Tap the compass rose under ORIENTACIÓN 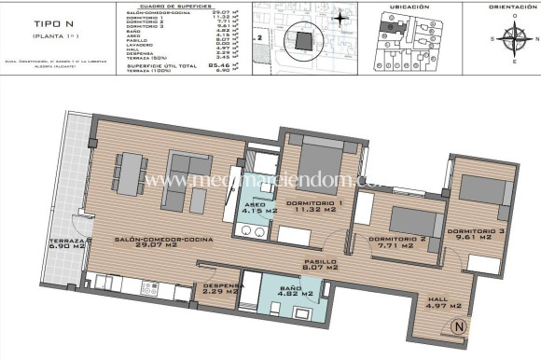pyautogui.click(x=512, y=39)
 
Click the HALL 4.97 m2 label pyautogui.click(x=443, y=303)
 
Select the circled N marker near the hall pyautogui.click(x=457, y=326)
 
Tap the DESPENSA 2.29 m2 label pyautogui.click(x=224, y=290)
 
